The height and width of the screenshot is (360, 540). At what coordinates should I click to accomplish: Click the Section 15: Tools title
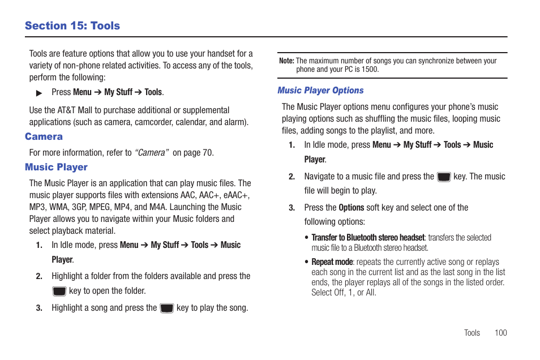(x=72, y=26)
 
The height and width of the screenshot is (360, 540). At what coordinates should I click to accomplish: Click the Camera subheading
(x=44, y=136)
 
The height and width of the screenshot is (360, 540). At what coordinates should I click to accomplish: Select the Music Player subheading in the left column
(x=56, y=167)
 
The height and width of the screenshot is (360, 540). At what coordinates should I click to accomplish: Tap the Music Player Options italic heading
(x=320, y=91)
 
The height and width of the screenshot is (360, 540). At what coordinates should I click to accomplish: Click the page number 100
(x=500, y=333)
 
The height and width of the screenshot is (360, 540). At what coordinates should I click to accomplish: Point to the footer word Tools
(x=472, y=333)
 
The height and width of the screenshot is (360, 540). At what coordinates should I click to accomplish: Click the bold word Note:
(x=286, y=61)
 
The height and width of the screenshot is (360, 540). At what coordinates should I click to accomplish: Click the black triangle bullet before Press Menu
(x=39, y=93)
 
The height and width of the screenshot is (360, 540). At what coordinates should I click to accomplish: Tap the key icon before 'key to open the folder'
(x=59, y=292)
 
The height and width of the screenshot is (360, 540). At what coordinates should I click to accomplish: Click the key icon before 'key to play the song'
(x=166, y=308)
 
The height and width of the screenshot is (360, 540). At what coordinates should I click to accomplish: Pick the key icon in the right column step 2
(x=444, y=177)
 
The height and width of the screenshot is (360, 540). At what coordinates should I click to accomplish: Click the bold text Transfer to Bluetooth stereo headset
(x=368, y=238)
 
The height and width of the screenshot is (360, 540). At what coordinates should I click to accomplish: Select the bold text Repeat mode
(x=332, y=262)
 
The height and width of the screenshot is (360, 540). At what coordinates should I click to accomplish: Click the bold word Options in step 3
(x=351, y=208)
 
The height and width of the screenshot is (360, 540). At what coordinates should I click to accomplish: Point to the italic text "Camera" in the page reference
(x=152, y=153)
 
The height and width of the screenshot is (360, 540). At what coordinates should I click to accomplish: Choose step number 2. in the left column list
(x=39, y=277)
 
